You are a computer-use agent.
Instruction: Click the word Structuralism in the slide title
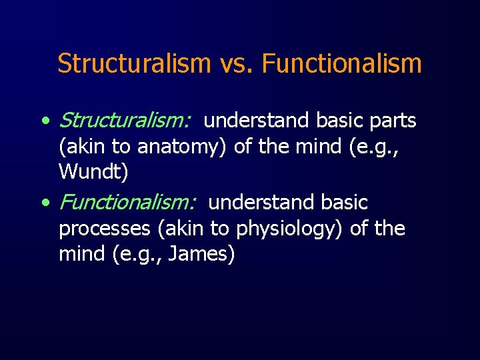coord(134,64)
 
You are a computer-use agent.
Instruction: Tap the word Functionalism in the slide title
coord(342,64)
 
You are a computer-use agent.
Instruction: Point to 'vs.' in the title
coord(237,64)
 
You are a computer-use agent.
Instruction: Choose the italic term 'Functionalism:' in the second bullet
coord(128,202)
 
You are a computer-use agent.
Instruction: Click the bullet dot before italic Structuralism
coord(44,122)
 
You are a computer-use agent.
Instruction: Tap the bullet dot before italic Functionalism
coord(44,203)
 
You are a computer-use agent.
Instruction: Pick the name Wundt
coord(93,172)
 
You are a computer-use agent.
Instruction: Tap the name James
coord(202,254)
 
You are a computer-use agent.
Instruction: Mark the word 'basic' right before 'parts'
coord(337,121)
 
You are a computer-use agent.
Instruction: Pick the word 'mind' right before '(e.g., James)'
coord(79,254)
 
